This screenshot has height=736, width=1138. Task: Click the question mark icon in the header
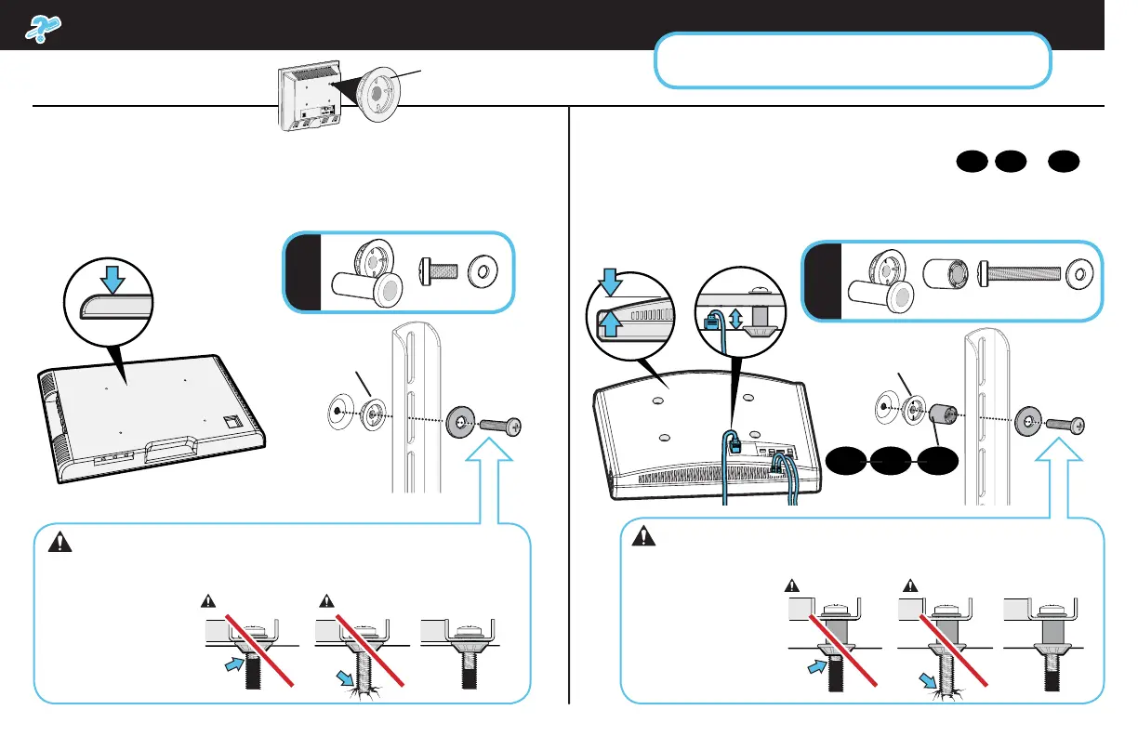(x=40, y=28)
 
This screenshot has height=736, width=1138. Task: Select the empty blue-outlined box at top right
(x=853, y=60)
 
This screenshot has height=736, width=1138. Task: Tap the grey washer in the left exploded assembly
(x=458, y=421)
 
